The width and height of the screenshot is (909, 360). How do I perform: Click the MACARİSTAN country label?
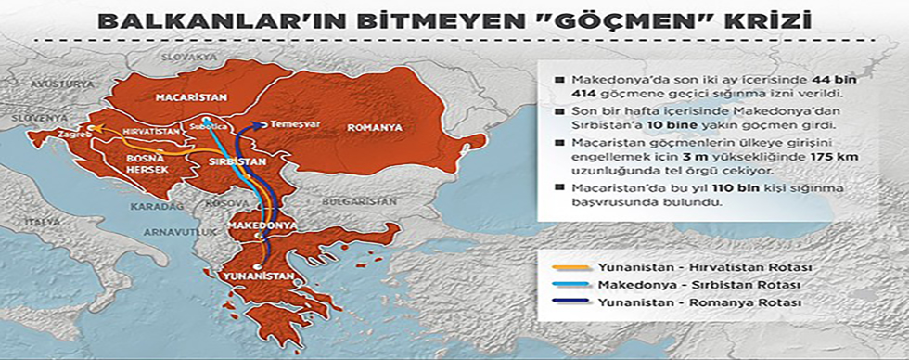[x=185, y=95]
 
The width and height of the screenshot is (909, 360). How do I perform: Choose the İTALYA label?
[x=42, y=222]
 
